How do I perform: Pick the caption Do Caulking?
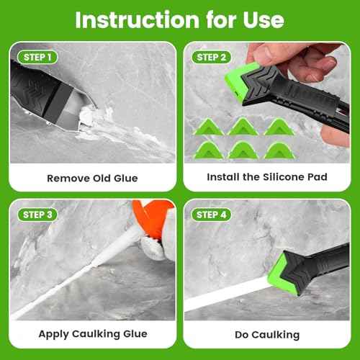click(267, 334)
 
